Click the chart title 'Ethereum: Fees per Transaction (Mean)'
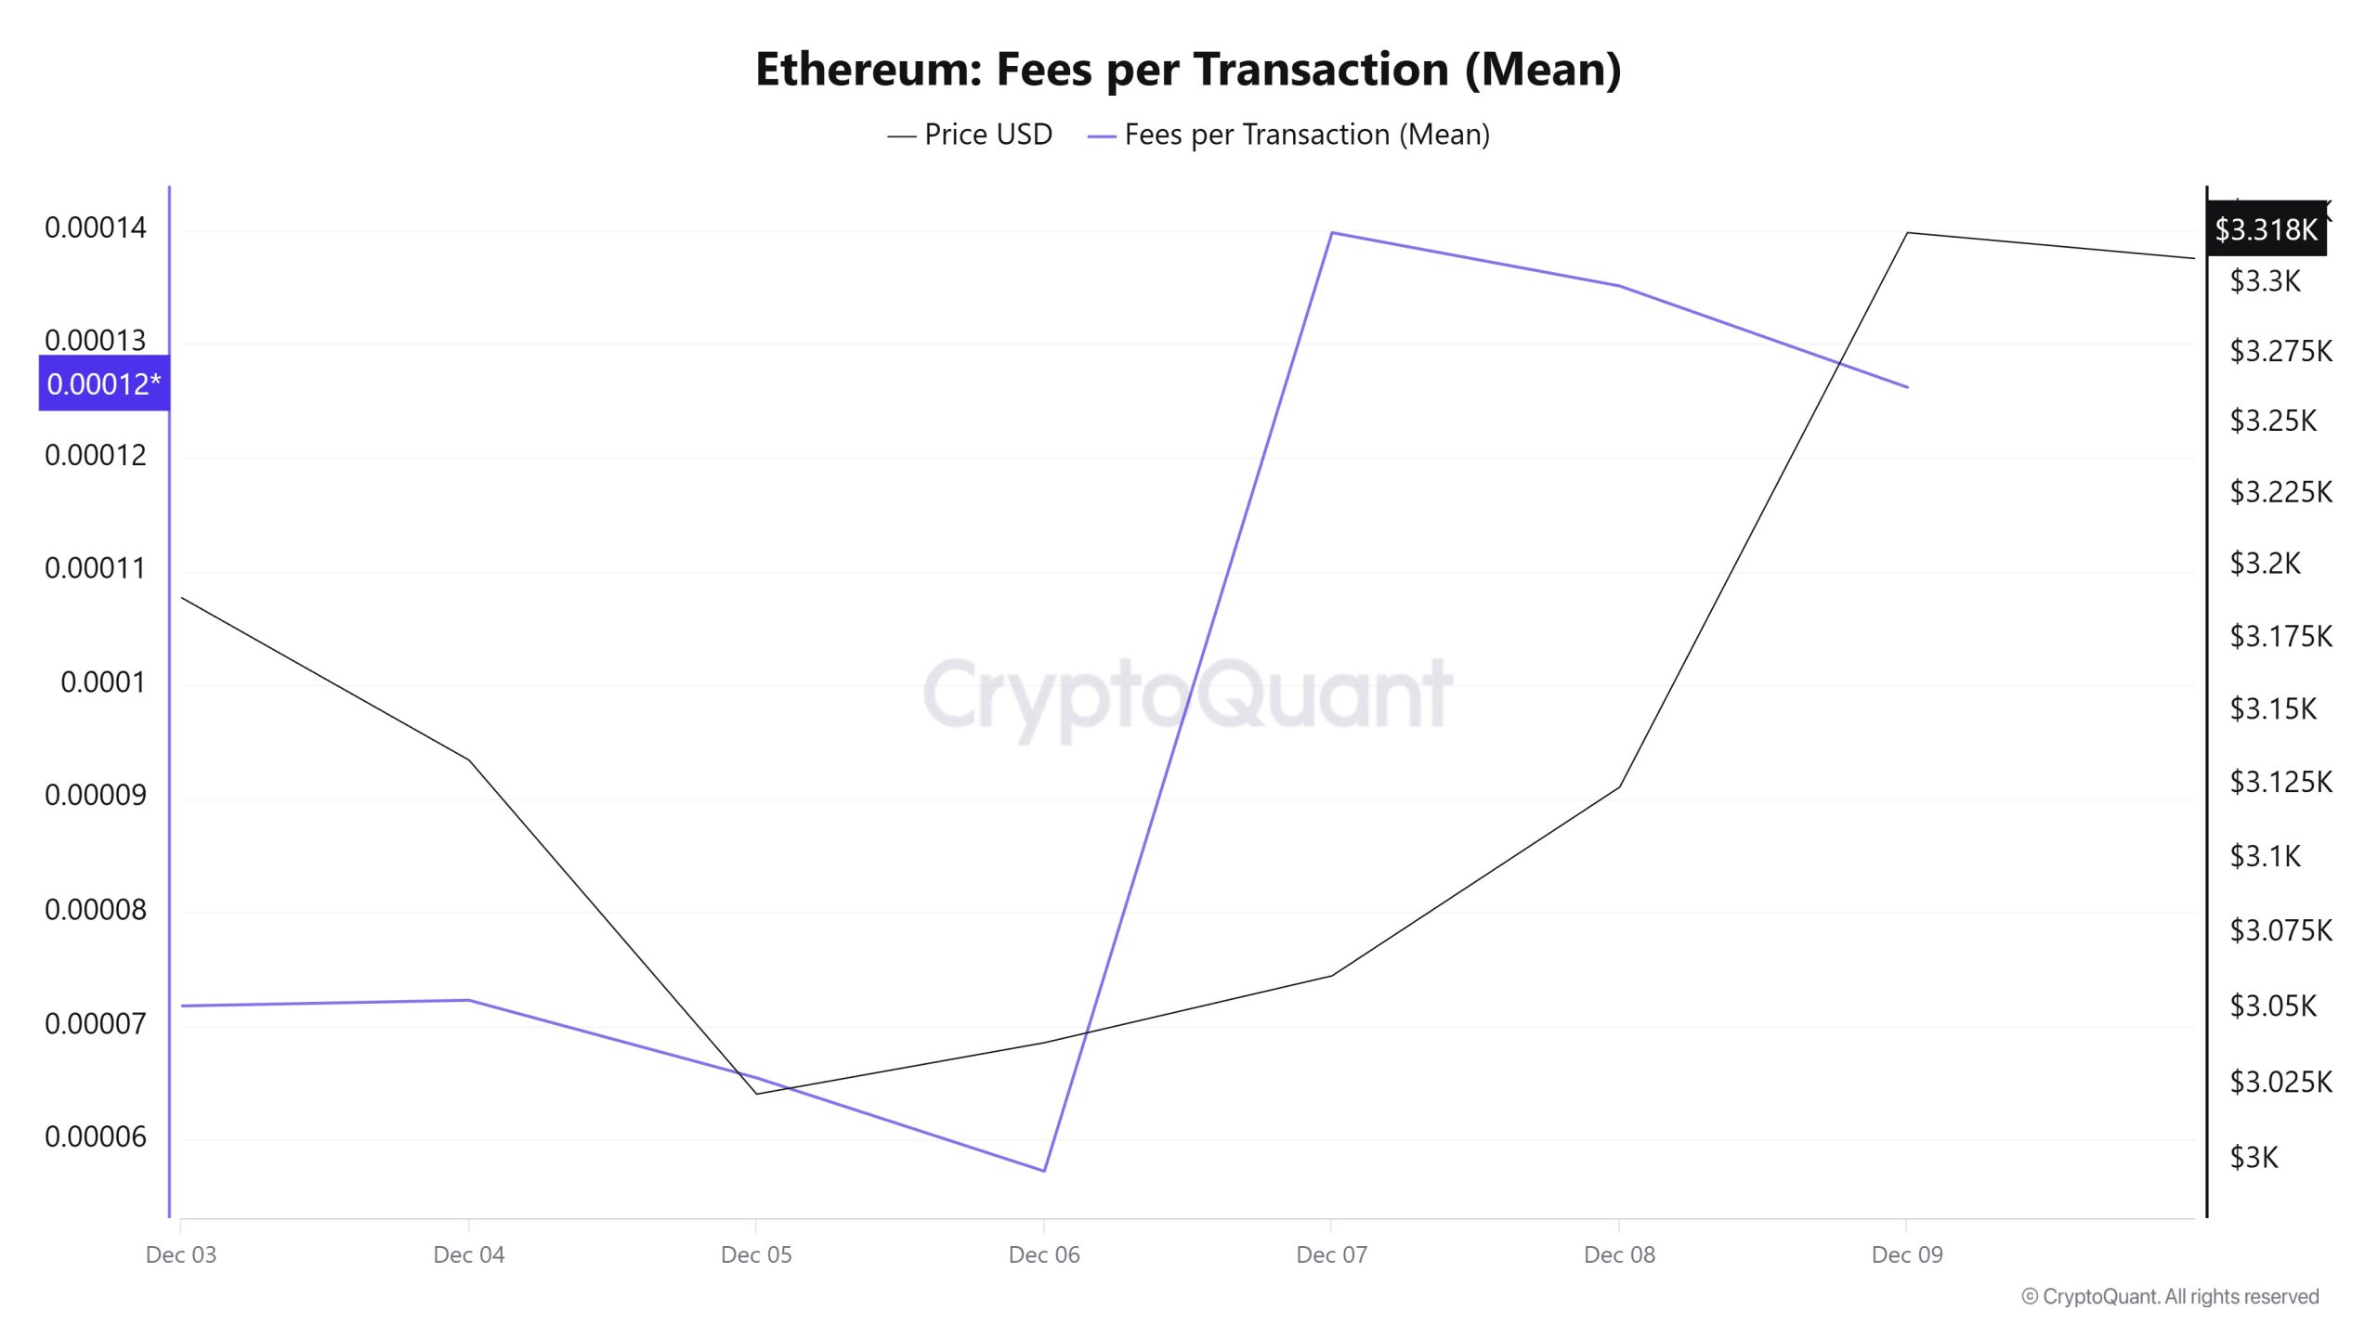[x=1188, y=70]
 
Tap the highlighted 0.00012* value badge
[x=104, y=383]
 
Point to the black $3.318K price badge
[x=2266, y=228]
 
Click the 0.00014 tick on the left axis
[x=96, y=227]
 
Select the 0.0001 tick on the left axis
[x=103, y=682]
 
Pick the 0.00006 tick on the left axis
[x=96, y=1136]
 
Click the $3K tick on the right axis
[x=2254, y=1157]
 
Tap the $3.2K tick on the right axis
[x=2265, y=563]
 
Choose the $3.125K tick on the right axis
[x=2280, y=782]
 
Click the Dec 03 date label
[x=181, y=1254]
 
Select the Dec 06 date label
[x=1044, y=1254]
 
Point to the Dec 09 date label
[x=1907, y=1254]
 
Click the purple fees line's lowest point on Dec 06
[x=1044, y=1171]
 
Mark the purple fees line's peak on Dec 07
[x=1332, y=232]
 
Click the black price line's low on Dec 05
[x=757, y=1094]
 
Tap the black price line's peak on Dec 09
[x=1907, y=232]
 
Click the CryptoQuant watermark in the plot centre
[x=1188, y=694]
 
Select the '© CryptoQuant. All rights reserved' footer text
[x=2170, y=1296]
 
